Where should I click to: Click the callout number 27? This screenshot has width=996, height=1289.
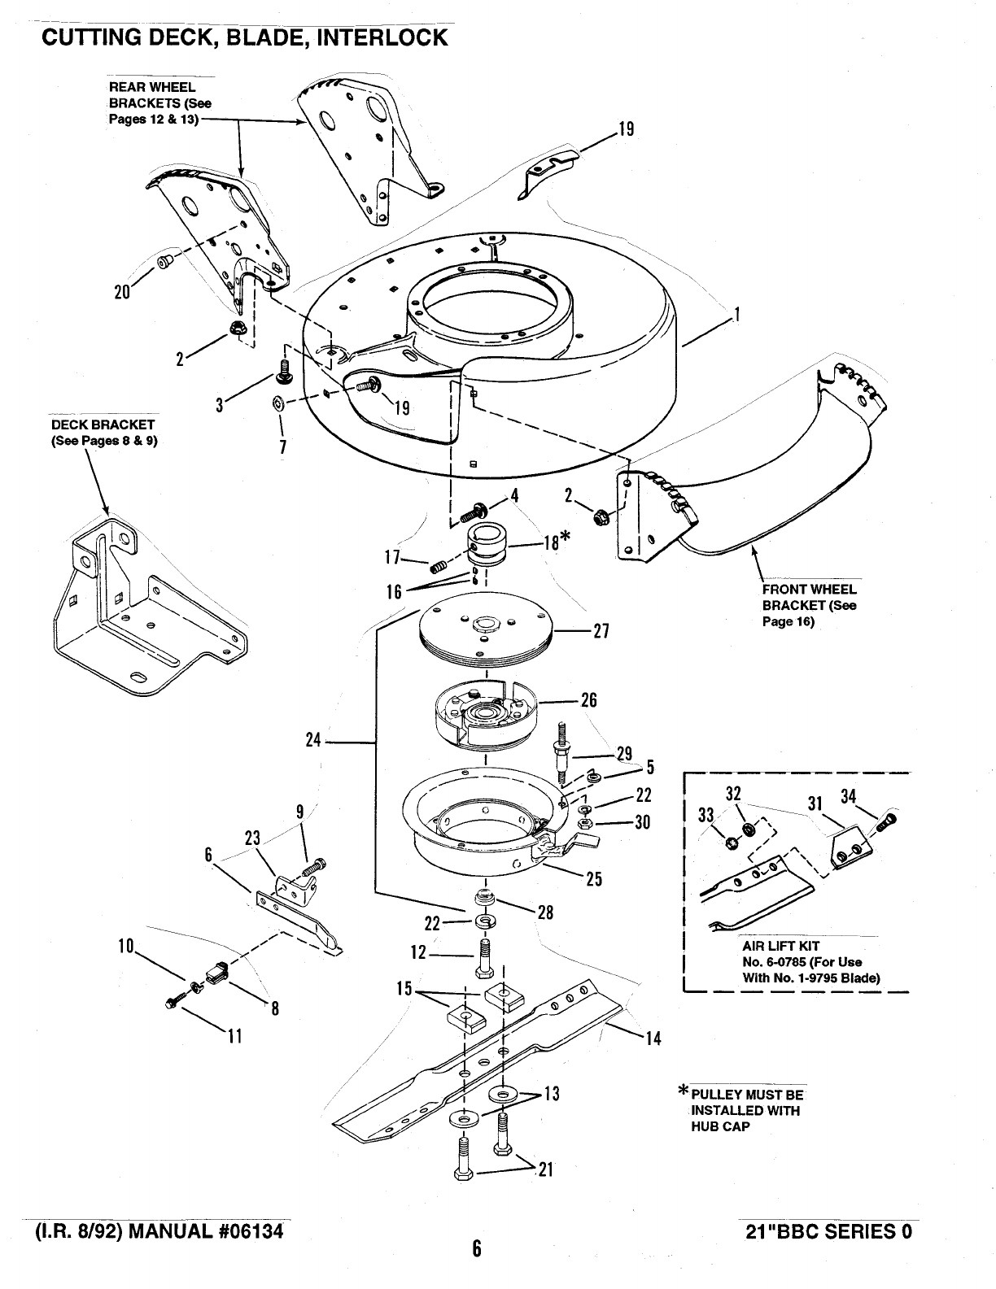(602, 632)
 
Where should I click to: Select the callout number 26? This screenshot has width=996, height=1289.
(589, 700)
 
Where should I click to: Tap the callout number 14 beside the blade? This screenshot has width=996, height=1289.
(653, 1038)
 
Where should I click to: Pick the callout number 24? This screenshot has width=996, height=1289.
(314, 741)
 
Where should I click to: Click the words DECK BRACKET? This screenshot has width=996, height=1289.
(103, 425)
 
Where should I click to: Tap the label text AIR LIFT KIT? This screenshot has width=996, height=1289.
(780, 946)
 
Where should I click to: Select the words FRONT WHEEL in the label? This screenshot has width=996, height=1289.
(809, 590)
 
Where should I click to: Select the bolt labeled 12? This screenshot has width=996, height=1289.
(484, 959)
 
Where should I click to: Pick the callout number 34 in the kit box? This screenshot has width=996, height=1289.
(849, 796)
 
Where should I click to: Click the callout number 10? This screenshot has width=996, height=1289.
(125, 946)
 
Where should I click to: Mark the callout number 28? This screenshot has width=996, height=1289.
(545, 912)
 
